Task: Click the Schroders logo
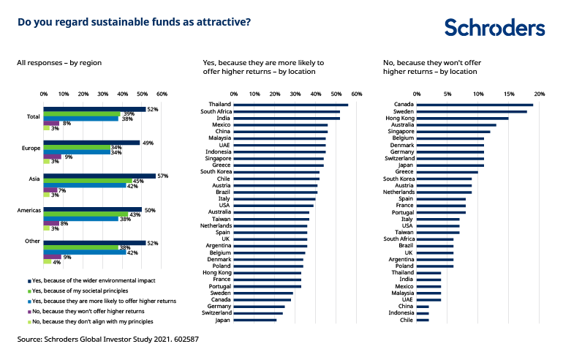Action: pyautogui.click(x=494, y=28)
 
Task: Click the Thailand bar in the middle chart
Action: pyautogui.click(x=291, y=105)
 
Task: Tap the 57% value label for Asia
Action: pyautogui.click(x=163, y=176)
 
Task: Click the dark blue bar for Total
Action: pyautogui.click(x=94, y=109)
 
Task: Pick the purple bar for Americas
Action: pyautogui.click(x=51, y=223)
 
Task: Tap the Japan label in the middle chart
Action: pyautogui.click(x=222, y=320)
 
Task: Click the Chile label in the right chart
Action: pyautogui.click(x=406, y=320)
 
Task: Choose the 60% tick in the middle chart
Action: pyautogui.click(x=357, y=94)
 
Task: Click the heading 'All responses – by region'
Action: pyautogui.click(x=59, y=63)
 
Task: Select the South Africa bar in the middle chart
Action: pyautogui.click(x=287, y=111)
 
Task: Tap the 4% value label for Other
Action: pyautogui.click(x=56, y=261)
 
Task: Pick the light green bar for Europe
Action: pyautogui.click(x=46, y=161)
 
